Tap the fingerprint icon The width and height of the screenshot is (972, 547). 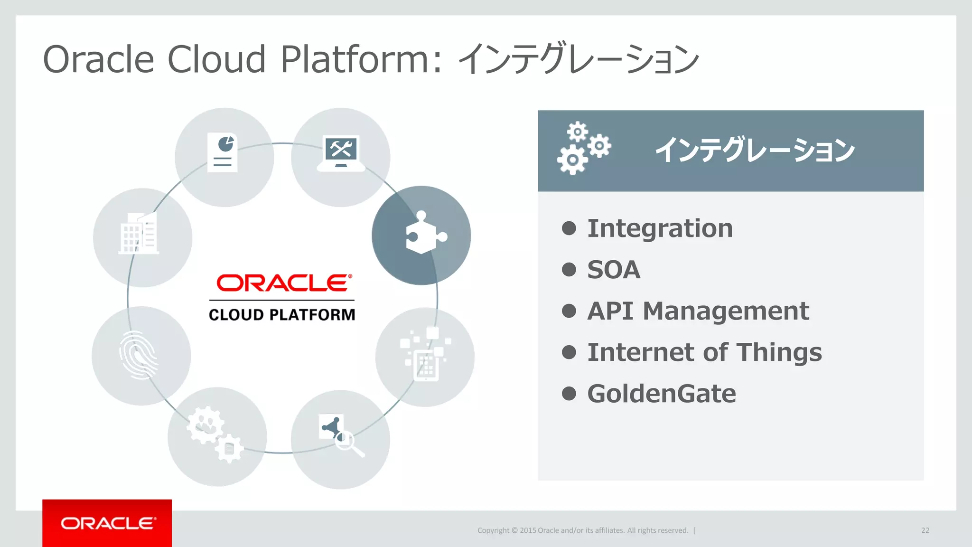click(x=139, y=355)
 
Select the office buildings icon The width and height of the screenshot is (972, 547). click(x=139, y=233)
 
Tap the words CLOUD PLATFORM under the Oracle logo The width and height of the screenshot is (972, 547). click(x=282, y=315)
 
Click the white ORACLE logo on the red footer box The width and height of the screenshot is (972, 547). click(x=108, y=523)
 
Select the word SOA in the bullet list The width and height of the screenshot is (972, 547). click(x=614, y=270)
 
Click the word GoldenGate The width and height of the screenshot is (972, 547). click(x=662, y=394)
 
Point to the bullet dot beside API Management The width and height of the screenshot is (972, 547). click(x=569, y=311)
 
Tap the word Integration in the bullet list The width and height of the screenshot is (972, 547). click(x=660, y=228)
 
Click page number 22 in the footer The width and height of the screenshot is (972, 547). click(x=925, y=530)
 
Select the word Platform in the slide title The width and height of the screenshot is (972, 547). click(x=355, y=59)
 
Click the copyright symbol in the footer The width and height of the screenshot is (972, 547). click(x=514, y=530)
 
